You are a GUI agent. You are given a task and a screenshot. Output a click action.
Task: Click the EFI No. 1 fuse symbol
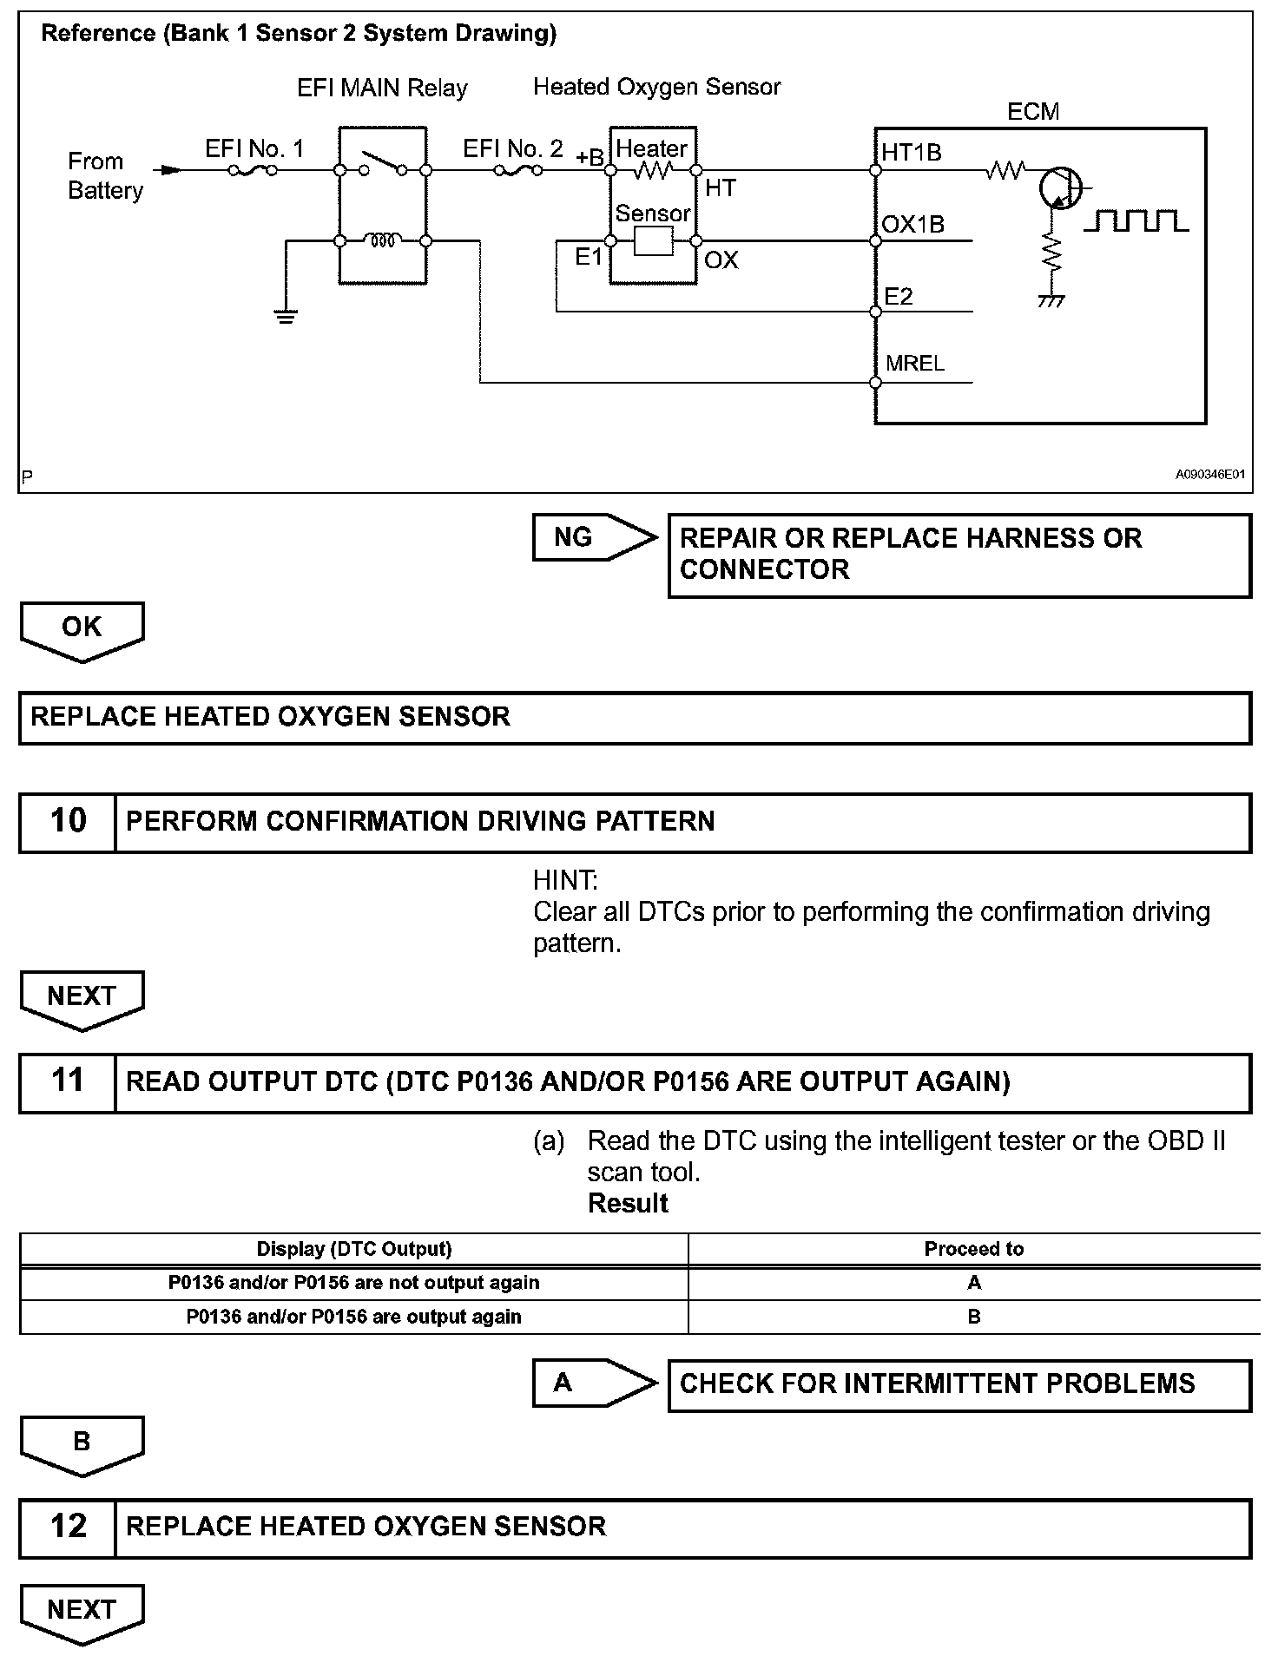pyautogui.click(x=253, y=170)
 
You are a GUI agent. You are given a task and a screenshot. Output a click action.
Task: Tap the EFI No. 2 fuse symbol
pyautogui.click(x=518, y=170)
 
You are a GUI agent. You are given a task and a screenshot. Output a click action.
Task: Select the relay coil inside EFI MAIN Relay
pyautogui.click(x=383, y=240)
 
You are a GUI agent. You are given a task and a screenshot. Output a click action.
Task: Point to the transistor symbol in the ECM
pyautogui.click(x=1059, y=187)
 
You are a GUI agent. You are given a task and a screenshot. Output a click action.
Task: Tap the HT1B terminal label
pyautogui.click(x=912, y=153)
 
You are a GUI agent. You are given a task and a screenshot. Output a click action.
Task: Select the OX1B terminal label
pyautogui.click(x=912, y=225)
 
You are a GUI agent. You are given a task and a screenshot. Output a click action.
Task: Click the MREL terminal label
pyautogui.click(x=915, y=364)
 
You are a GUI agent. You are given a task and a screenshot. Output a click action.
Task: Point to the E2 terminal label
pyautogui.click(x=899, y=297)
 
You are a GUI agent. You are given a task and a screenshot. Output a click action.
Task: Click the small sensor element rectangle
pyautogui.click(x=653, y=241)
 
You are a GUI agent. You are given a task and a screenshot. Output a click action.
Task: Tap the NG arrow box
pyautogui.click(x=594, y=537)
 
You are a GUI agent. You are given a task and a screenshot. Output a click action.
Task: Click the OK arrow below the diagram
pyautogui.click(x=82, y=629)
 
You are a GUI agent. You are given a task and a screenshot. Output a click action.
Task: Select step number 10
pyautogui.click(x=68, y=821)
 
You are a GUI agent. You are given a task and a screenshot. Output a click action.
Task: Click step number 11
pyautogui.click(x=68, y=1081)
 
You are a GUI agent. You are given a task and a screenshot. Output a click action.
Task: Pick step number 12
pyautogui.click(x=68, y=1527)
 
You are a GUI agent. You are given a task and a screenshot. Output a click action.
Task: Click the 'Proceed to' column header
pyautogui.click(x=973, y=1249)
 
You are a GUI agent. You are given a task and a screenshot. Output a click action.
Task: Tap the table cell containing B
pyautogui.click(x=973, y=1317)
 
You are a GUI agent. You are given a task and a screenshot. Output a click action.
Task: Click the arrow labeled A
pyautogui.click(x=594, y=1383)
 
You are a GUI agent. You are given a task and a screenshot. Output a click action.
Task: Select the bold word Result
pyautogui.click(x=628, y=1204)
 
